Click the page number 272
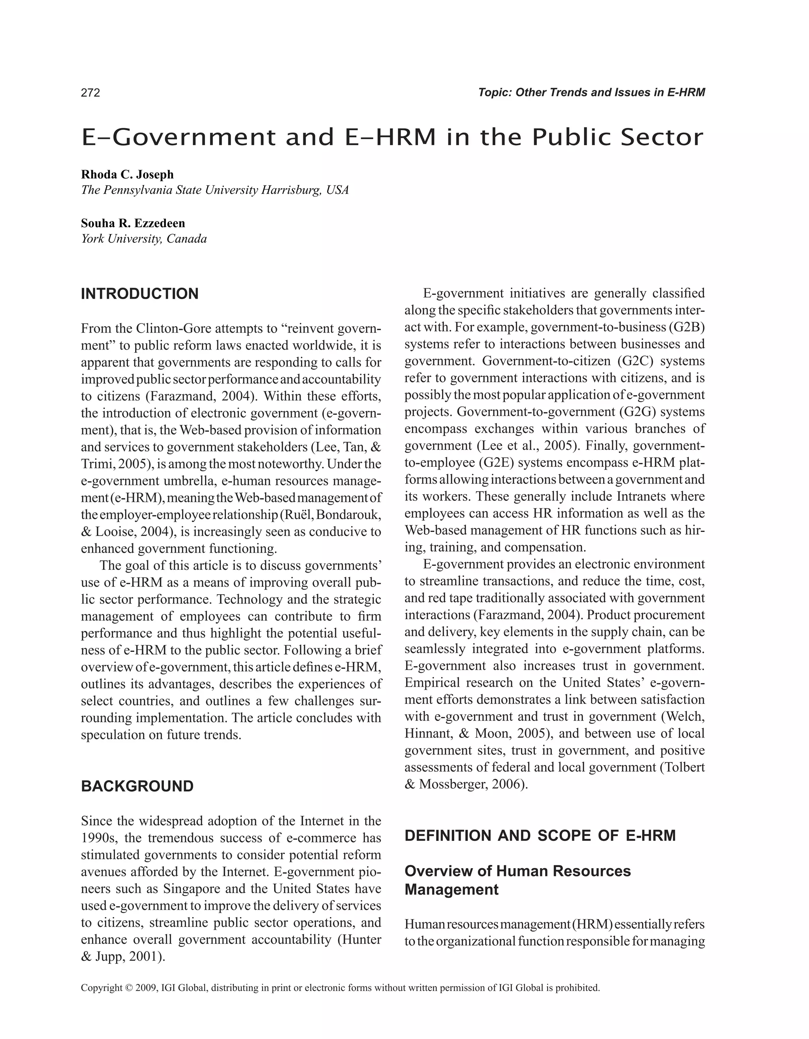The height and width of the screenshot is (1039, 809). tap(90, 93)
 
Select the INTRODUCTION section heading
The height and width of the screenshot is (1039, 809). tap(139, 294)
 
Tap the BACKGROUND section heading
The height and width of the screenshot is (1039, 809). tap(137, 786)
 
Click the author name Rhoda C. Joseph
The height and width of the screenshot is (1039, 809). tap(127, 174)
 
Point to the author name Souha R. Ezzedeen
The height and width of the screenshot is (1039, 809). tap(133, 223)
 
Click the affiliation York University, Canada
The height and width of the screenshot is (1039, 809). tap(144, 238)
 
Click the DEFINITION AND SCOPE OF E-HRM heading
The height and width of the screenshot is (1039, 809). tap(540, 835)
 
